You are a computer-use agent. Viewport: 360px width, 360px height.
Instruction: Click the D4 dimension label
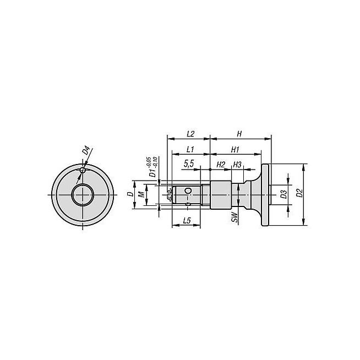pyautogui.click(x=86, y=151)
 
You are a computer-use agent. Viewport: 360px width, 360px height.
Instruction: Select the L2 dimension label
pyautogui.click(x=190, y=134)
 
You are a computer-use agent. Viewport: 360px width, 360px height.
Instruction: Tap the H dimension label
pyautogui.click(x=239, y=134)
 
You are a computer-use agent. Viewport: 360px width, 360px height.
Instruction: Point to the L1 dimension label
pyautogui.click(x=190, y=150)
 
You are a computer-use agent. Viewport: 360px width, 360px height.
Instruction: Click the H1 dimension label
pyautogui.click(x=235, y=150)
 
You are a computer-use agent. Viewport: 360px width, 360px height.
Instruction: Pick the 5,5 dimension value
pyautogui.click(x=189, y=163)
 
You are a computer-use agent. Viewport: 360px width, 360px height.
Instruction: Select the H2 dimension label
pyautogui.click(x=221, y=164)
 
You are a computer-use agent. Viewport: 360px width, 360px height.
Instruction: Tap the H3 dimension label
pyautogui.click(x=237, y=164)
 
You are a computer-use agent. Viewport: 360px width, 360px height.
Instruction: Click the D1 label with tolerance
pyautogui.click(x=153, y=167)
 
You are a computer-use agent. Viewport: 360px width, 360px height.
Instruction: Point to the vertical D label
pyautogui.click(x=130, y=194)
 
